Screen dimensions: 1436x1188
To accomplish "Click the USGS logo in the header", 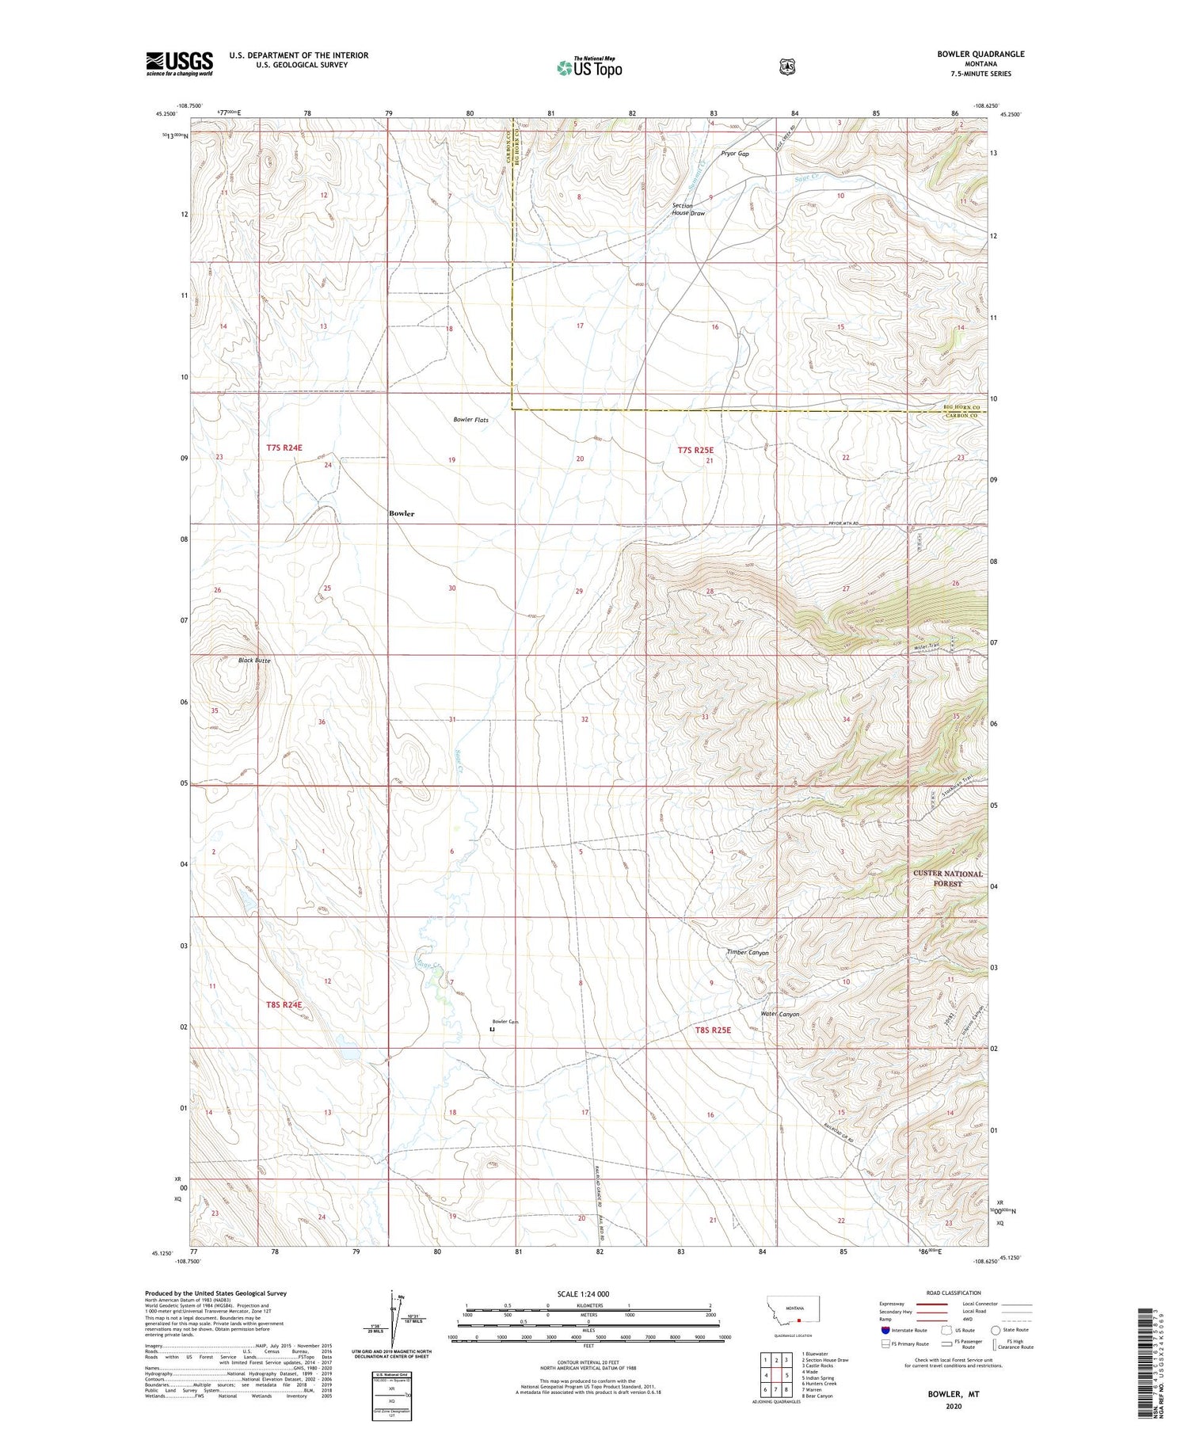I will point(179,63).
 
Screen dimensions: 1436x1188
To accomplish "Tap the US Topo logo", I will point(588,67).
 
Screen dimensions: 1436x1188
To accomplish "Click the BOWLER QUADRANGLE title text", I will point(980,54).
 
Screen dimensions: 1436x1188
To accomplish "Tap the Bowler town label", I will point(402,513).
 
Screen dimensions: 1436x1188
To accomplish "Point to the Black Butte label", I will point(254,660).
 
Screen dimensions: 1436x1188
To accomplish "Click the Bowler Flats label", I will point(470,420).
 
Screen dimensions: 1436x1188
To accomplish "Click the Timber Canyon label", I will point(748,953).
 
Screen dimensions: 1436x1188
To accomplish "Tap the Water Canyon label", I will point(779,1014).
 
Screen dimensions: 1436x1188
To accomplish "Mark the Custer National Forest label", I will point(947,878).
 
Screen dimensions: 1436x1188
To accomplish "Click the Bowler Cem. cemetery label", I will point(505,1021).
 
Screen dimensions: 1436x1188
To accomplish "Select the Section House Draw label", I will point(687,209).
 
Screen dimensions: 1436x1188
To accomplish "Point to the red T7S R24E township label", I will point(284,448).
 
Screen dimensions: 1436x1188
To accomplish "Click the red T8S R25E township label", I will point(713,1030).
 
